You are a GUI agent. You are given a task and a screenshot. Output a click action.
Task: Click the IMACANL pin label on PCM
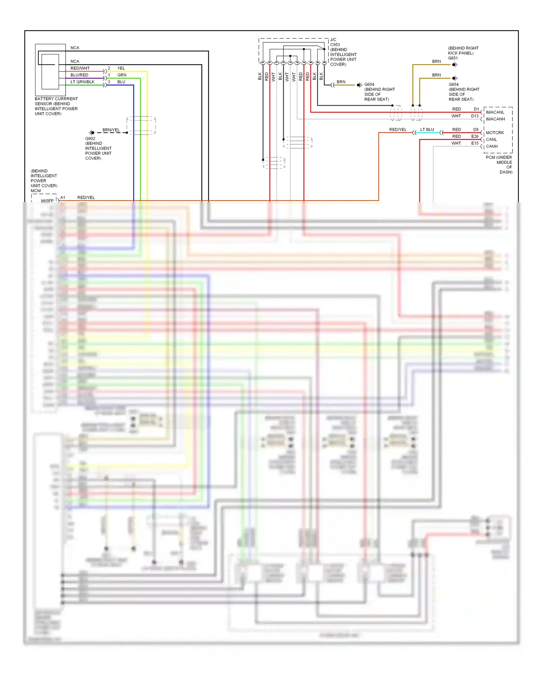[x=495, y=112]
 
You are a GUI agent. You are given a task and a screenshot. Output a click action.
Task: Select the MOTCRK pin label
[x=494, y=133]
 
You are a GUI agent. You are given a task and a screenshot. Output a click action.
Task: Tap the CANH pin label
[x=491, y=146]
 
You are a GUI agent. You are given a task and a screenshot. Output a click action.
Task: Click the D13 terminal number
[x=474, y=116]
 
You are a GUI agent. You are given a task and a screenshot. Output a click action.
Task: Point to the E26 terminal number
[x=474, y=136]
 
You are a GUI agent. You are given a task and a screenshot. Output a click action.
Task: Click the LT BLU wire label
[x=427, y=130]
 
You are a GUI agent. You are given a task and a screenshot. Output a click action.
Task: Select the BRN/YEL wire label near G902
[x=111, y=130]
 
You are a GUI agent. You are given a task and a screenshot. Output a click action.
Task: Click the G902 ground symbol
[x=92, y=132]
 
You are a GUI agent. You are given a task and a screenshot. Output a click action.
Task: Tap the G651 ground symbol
[x=455, y=65]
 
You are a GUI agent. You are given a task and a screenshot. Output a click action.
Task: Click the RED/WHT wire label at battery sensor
[x=80, y=68]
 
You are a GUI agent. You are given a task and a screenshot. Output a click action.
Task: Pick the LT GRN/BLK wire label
[x=82, y=82]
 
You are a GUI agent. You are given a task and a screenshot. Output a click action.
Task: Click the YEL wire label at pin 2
[x=121, y=68]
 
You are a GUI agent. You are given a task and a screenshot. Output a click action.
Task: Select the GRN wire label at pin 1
[x=122, y=75]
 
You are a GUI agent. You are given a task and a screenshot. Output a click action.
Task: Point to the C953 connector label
[x=335, y=45]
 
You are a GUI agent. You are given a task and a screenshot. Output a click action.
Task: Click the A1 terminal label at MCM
[x=63, y=198]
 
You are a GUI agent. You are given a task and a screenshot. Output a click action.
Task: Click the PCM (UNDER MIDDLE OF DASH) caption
[x=499, y=164]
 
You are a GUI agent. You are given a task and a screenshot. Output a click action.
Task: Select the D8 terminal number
[x=476, y=130]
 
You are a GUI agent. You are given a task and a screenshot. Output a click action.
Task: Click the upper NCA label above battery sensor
[x=75, y=48]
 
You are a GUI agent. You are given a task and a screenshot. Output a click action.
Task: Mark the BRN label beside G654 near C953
[x=341, y=82]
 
